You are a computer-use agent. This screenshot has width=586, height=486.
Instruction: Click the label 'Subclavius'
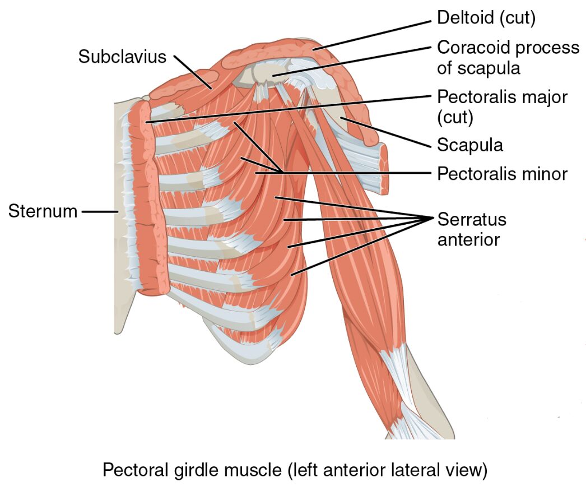(x=122, y=56)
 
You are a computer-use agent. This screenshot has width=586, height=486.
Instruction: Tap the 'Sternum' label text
(x=42, y=212)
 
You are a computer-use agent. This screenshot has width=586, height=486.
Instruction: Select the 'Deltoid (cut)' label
(x=486, y=18)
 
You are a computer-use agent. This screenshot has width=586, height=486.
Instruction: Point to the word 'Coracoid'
(x=474, y=48)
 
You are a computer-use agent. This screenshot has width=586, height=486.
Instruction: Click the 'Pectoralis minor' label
(x=502, y=173)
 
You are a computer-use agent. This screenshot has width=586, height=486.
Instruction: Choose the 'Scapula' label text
(x=469, y=145)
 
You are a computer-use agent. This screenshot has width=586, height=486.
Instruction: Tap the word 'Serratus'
(x=471, y=219)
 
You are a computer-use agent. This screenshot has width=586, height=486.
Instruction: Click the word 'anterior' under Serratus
(x=468, y=240)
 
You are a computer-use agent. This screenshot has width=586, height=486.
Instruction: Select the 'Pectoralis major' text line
(x=502, y=97)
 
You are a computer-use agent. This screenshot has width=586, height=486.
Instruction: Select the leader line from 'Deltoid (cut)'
(x=373, y=34)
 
